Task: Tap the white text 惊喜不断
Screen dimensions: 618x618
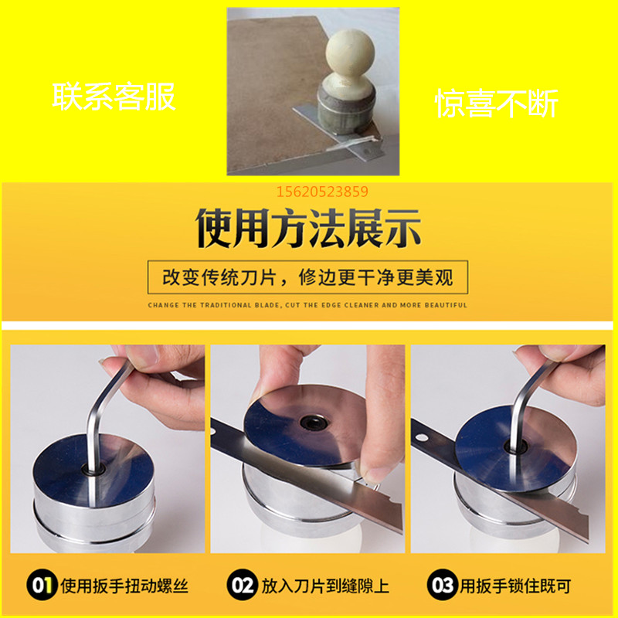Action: pos(496,102)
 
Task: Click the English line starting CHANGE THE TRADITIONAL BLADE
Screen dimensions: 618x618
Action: pos(307,305)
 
